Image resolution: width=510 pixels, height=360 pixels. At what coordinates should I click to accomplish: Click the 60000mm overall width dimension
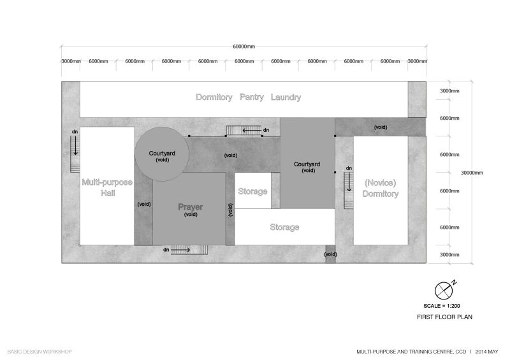point(245,46)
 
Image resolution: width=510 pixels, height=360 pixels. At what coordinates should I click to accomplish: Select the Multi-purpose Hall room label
point(106,187)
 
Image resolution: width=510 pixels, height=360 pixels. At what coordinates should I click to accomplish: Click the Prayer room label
point(190,208)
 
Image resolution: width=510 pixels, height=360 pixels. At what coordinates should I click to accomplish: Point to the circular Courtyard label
point(162,154)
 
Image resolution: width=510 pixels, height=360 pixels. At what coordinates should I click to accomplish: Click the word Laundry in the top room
point(285,97)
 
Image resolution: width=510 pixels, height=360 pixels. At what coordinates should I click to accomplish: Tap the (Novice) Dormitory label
point(381,187)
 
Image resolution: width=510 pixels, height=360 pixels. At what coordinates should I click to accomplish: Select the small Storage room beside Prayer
point(252,191)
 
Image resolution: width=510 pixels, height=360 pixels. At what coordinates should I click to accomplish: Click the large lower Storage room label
point(284,227)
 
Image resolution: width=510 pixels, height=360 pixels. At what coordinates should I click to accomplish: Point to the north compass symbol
point(444,290)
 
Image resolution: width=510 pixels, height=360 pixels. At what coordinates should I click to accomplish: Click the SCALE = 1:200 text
point(444,306)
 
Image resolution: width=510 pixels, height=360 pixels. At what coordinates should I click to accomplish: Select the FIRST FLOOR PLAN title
point(444,317)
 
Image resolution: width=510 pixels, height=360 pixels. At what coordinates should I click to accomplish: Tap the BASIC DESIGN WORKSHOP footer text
point(40,351)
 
